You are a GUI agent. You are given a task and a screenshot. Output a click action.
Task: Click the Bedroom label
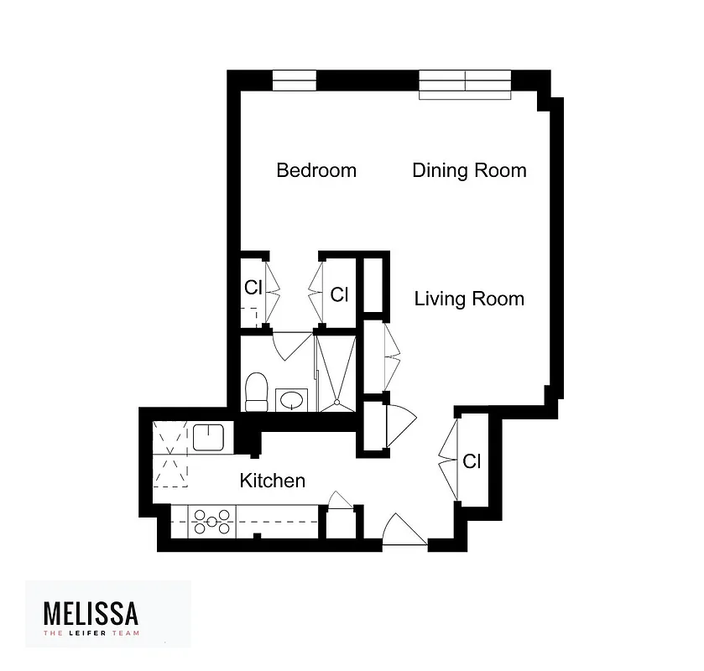pyautogui.click(x=316, y=171)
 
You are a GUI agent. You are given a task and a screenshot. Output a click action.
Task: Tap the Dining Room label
pyautogui.click(x=469, y=171)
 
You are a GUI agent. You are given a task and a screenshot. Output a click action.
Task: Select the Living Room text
pyautogui.click(x=469, y=299)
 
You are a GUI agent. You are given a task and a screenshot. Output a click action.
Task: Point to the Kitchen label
pyautogui.click(x=272, y=481)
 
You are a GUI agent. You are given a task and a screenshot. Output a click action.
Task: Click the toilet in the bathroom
pyautogui.click(x=256, y=393)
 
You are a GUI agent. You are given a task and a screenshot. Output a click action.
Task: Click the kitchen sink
pyautogui.click(x=206, y=437)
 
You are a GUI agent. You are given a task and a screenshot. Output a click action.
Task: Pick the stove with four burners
pyautogui.click(x=213, y=522)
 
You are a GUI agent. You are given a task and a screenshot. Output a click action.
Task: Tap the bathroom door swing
pyautogui.click(x=290, y=345)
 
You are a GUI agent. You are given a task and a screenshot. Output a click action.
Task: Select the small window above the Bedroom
pyautogui.click(x=295, y=81)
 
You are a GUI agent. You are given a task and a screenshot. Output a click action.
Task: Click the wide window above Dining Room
pyautogui.click(x=465, y=83)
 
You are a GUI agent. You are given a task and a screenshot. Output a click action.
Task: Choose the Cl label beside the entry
pyautogui.click(x=472, y=461)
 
